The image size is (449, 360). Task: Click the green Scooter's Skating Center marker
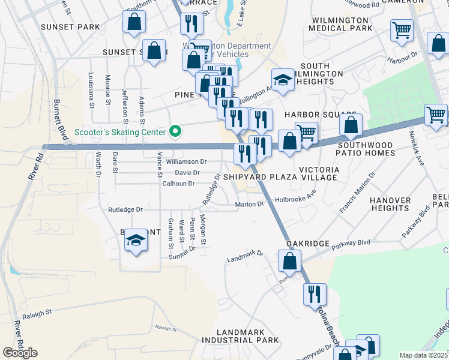[x=175, y=131]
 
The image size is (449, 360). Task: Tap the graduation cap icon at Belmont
[x=136, y=242]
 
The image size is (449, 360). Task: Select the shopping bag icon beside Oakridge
[x=289, y=261]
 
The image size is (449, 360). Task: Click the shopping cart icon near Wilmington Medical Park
[x=402, y=30]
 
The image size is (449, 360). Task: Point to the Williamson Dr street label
[x=187, y=161]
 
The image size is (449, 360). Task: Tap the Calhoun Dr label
[x=178, y=184]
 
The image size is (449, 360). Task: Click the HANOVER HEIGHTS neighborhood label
[x=390, y=204]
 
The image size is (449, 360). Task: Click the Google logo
[x=20, y=353]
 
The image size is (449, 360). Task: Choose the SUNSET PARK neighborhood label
[x=70, y=27]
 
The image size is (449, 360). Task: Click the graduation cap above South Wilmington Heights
[x=283, y=80]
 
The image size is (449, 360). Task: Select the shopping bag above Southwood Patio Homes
[x=351, y=125]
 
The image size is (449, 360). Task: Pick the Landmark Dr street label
[x=245, y=257]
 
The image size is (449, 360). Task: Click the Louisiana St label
[x=91, y=90]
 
